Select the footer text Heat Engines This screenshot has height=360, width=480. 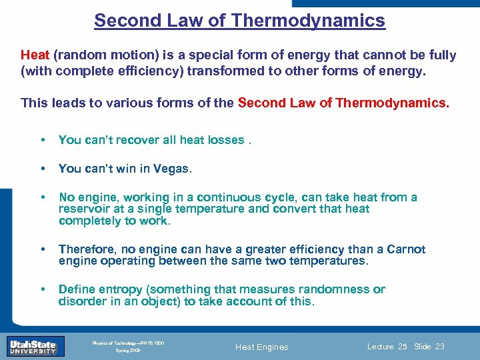(x=263, y=347)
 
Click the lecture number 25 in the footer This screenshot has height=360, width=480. (x=401, y=347)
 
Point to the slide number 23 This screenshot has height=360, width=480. (x=439, y=347)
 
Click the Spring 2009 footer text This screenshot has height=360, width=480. (x=128, y=350)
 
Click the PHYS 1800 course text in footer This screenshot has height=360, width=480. (x=152, y=343)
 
